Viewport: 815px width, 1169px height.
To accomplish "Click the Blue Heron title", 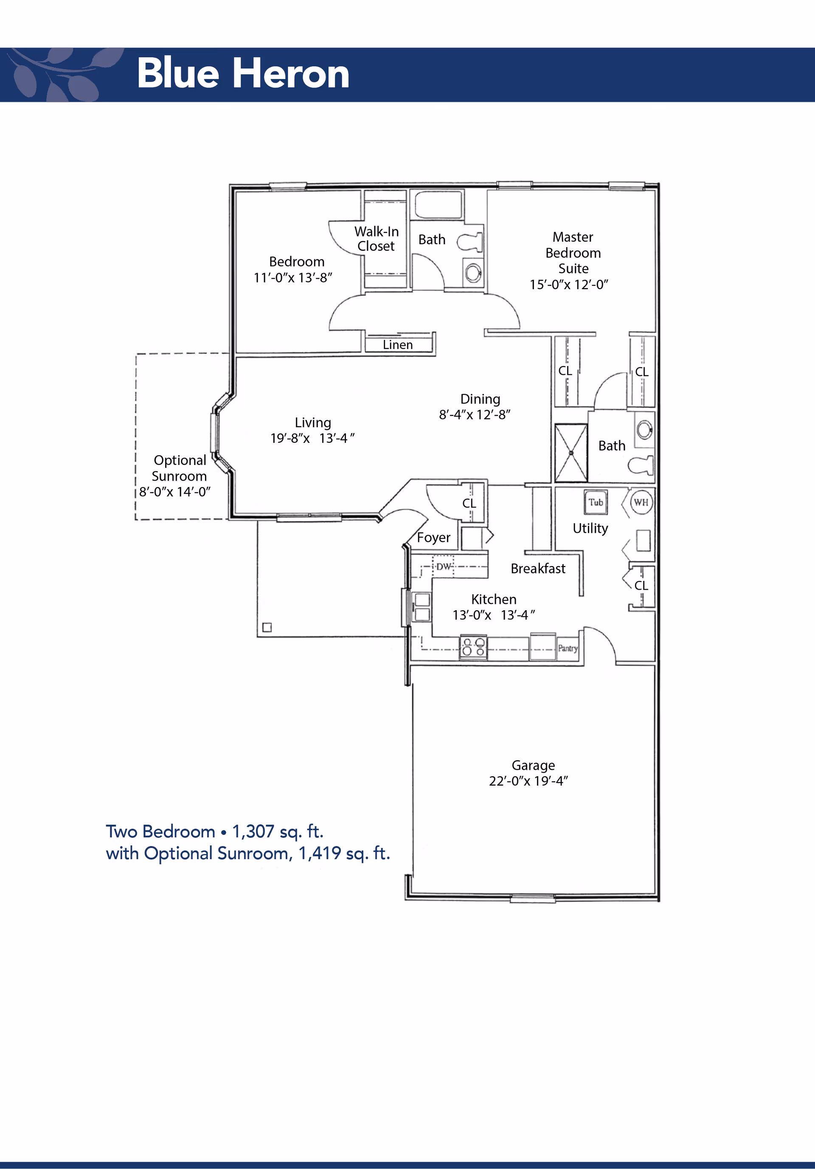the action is pyautogui.click(x=243, y=73).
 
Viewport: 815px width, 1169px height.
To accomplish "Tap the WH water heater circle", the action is pyautogui.click(x=641, y=502).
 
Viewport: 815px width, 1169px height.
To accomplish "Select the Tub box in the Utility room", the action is pyautogui.click(x=596, y=502).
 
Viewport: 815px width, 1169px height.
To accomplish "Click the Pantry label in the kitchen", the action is pyautogui.click(x=568, y=648).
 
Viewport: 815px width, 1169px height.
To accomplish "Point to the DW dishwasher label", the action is pyautogui.click(x=444, y=566).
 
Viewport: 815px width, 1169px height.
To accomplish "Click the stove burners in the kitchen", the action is pyautogui.click(x=473, y=647).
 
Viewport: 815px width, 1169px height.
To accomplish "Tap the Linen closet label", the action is pyautogui.click(x=398, y=345).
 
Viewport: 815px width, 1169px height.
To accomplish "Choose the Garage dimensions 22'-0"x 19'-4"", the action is pyautogui.click(x=528, y=781).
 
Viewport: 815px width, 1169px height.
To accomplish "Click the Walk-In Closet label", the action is pyautogui.click(x=377, y=239).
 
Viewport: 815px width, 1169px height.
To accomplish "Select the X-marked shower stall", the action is pyautogui.click(x=571, y=453).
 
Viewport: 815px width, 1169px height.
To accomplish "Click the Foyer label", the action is pyautogui.click(x=433, y=538).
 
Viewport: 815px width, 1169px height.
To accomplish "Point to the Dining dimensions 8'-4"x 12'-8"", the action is pyautogui.click(x=475, y=414).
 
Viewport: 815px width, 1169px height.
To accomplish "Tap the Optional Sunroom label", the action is pyautogui.click(x=180, y=468).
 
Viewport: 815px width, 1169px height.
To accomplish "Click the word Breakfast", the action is pyautogui.click(x=538, y=568).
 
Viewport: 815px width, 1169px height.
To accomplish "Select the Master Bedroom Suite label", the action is pyautogui.click(x=573, y=253).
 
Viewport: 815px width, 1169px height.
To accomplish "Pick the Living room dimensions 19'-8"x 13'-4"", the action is pyautogui.click(x=312, y=438).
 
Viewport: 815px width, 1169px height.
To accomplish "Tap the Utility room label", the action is pyautogui.click(x=590, y=529).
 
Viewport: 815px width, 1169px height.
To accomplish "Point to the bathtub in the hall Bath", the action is pyautogui.click(x=438, y=205).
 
